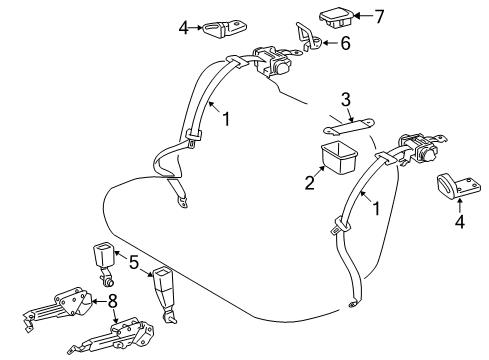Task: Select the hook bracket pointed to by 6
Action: click(309, 39)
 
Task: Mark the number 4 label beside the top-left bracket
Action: click(184, 27)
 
